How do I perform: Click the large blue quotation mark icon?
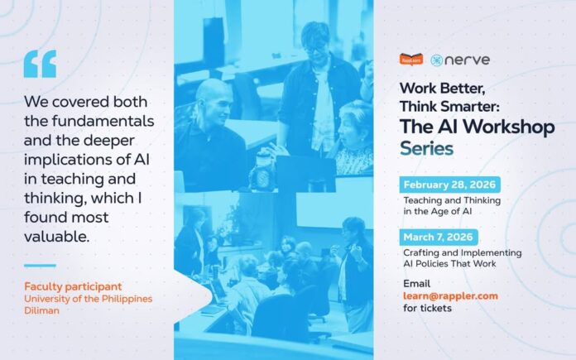click(x=40, y=63)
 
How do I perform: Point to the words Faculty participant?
click(x=65, y=286)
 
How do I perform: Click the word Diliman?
click(x=41, y=311)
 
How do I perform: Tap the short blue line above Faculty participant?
click(x=40, y=266)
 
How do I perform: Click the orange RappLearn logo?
click(x=411, y=60)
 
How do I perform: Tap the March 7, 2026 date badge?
click(x=439, y=237)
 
